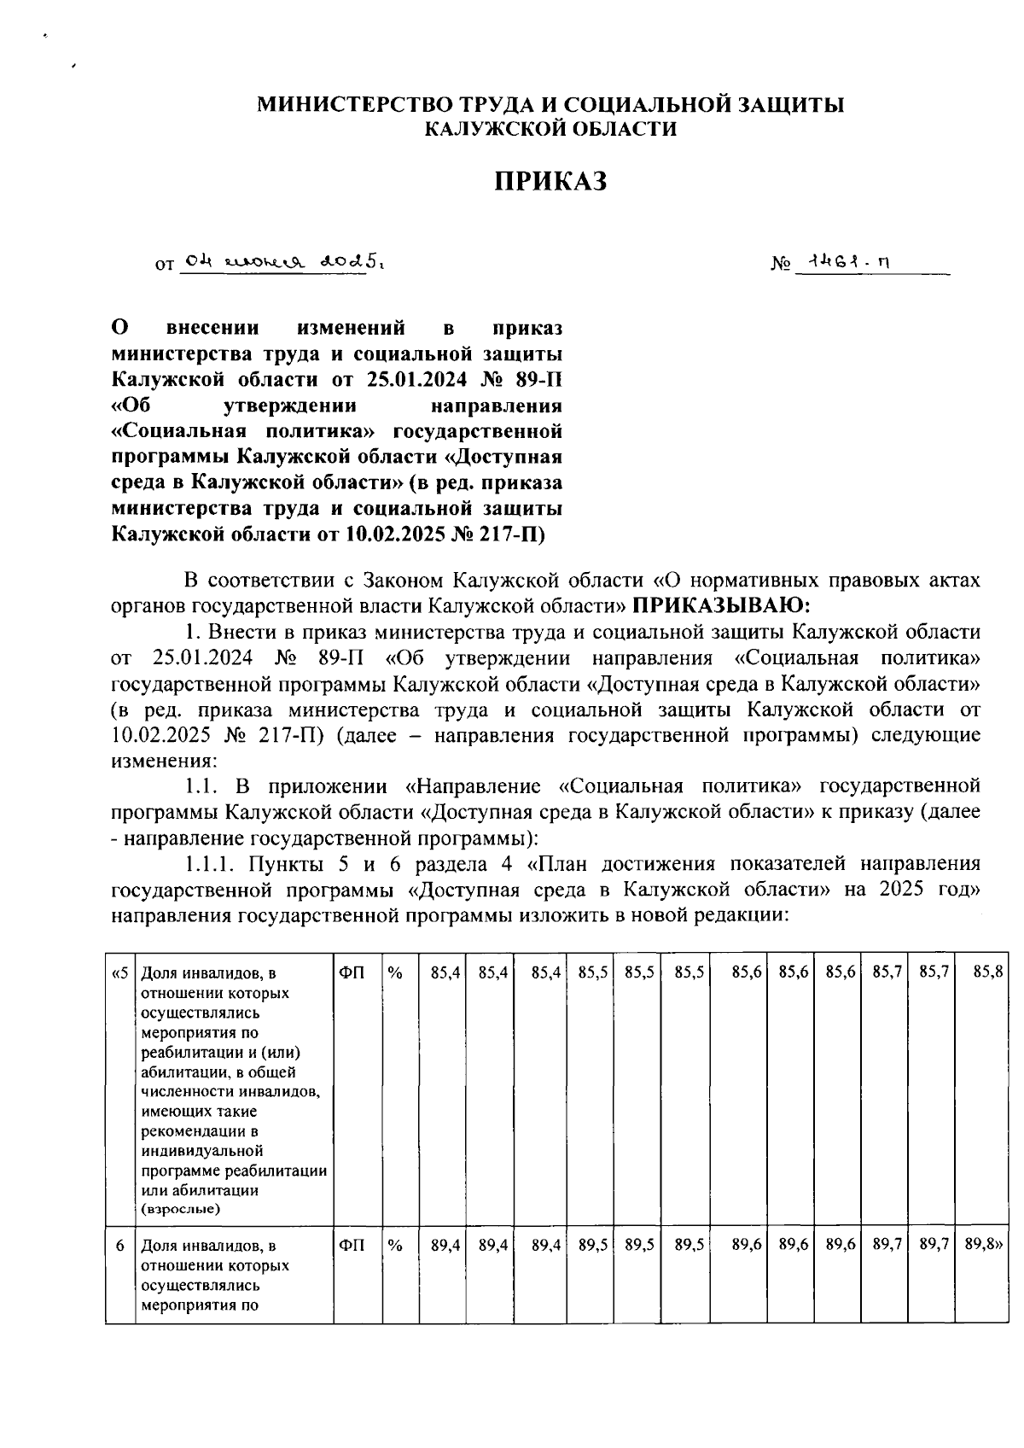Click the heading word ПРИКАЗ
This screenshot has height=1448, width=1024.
[551, 181]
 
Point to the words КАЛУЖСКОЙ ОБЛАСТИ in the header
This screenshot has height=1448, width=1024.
[551, 129]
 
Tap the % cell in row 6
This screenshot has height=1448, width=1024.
[395, 1246]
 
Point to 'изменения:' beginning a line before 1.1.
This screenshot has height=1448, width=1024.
[164, 761]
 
